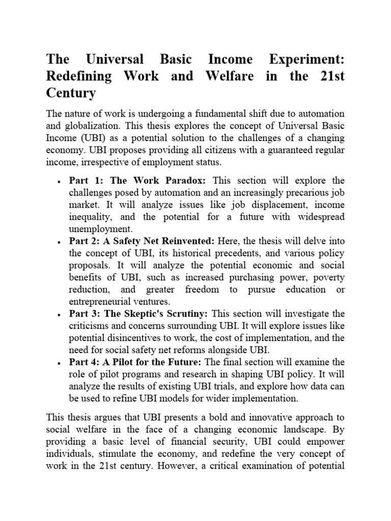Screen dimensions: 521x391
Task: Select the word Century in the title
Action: click(x=71, y=94)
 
